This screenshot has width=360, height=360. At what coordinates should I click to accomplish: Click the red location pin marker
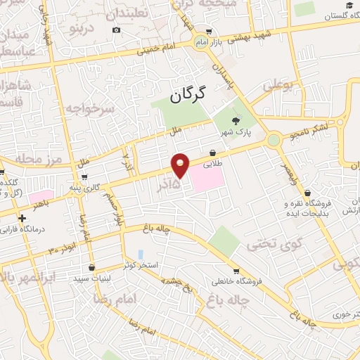coord(181,165)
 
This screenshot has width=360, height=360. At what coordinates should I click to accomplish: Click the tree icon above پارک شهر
coord(236,121)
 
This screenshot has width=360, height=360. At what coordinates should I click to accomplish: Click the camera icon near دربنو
coord(116,30)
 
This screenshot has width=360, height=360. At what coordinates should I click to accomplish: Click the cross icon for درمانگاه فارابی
coord(23,218)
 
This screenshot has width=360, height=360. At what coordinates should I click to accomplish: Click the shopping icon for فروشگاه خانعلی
coord(236,271)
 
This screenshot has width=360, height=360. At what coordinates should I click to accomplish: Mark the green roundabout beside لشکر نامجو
coord(274,140)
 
